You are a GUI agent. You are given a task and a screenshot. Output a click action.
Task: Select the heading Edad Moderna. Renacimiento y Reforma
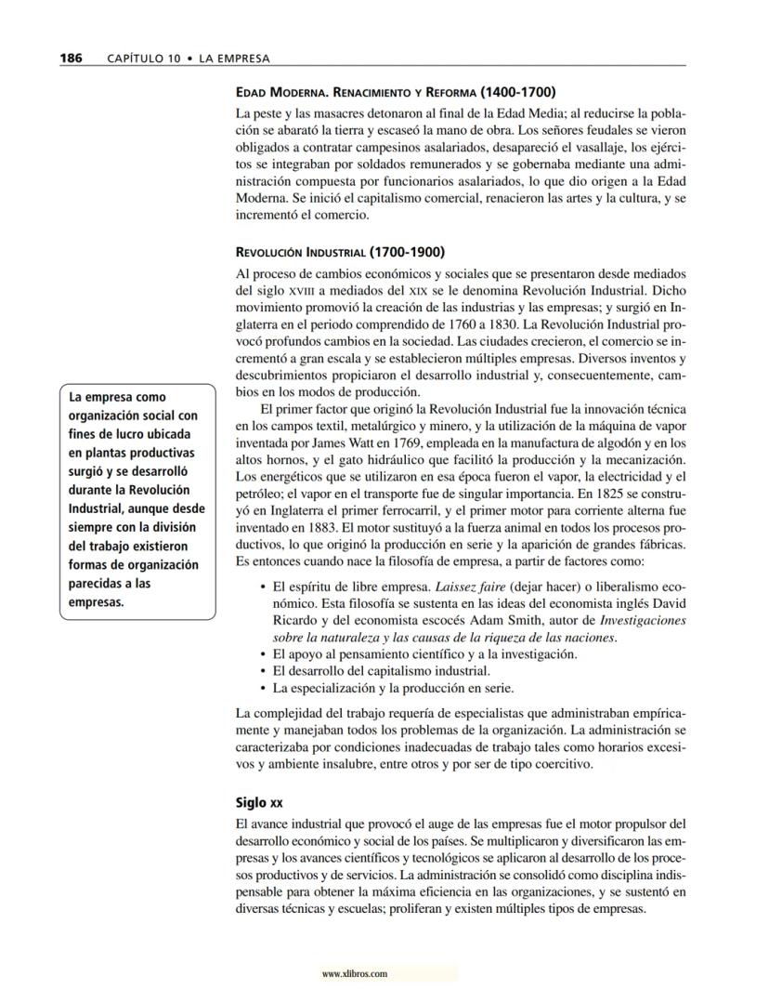coord(397,92)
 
